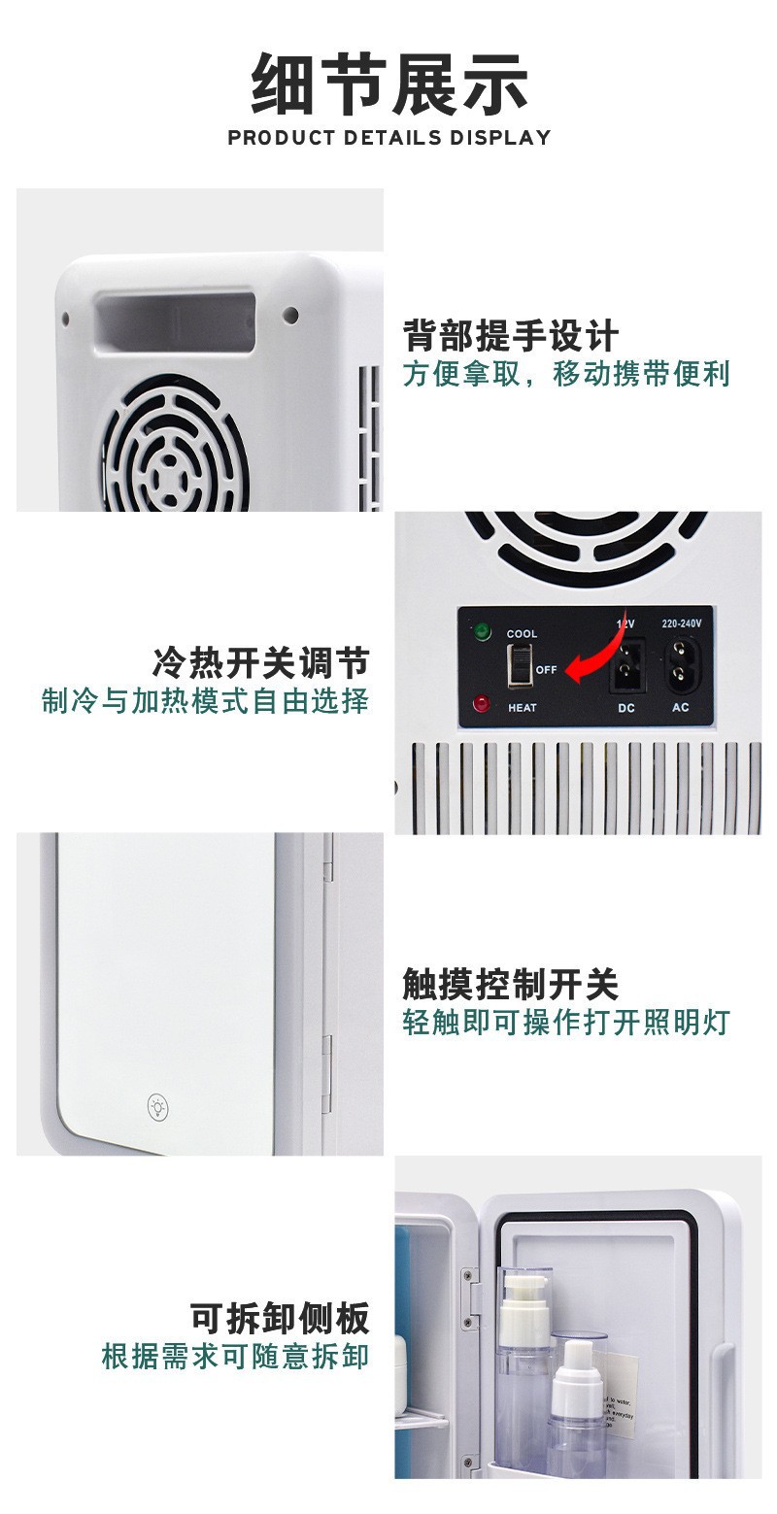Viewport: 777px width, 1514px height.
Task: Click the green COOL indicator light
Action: pos(481,633)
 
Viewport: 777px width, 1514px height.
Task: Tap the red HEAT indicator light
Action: pos(481,704)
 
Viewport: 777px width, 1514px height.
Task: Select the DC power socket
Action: pos(626,665)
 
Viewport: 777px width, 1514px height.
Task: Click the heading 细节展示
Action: pos(388,84)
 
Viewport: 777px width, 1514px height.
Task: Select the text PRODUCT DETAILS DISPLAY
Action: pos(388,138)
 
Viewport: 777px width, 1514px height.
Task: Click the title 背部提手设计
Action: pos(511,336)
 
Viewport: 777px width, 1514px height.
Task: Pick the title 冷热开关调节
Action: pos(260,663)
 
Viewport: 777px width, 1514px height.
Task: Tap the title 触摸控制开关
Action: pos(511,985)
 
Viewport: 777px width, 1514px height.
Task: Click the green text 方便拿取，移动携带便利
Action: pos(566,374)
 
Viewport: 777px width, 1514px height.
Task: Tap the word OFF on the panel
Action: pos(546,670)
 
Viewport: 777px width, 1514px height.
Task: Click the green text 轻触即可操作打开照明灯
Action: pos(566,1022)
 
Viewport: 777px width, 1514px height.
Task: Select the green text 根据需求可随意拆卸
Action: pos(236,1356)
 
